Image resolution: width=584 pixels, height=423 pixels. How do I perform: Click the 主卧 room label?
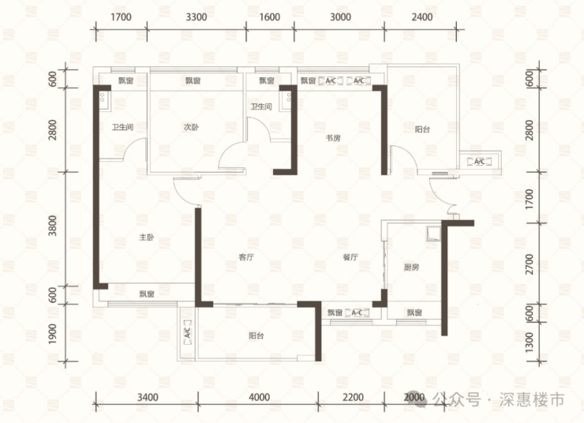pyautogui.click(x=146, y=238)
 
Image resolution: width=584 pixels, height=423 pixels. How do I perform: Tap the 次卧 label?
pyautogui.click(x=191, y=127)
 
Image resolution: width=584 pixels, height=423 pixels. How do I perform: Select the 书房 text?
pyautogui.click(x=333, y=138)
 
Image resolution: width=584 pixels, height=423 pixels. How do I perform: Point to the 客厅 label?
pyautogui.click(x=246, y=257)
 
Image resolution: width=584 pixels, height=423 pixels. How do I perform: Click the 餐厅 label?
pyautogui.click(x=350, y=257)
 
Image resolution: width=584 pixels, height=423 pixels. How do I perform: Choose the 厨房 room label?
pyautogui.click(x=411, y=267)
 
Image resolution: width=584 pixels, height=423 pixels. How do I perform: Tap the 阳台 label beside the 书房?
pyautogui.click(x=422, y=129)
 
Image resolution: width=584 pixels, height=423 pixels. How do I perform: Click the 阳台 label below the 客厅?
pyautogui.click(x=256, y=336)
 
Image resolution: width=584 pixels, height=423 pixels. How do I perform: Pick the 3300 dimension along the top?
pyautogui.click(x=197, y=17)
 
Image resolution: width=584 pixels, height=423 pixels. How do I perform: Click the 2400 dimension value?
pyautogui.click(x=422, y=17)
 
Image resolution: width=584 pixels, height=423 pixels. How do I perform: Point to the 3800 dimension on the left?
pyautogui.click(x=53, y=225)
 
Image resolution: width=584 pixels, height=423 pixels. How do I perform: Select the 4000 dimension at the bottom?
pyautogui.click(x=259, y=397)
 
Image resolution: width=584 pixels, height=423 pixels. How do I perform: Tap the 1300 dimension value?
pyautogui.click(x=530, y=342)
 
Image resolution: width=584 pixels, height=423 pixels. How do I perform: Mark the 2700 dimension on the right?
pyautogui.click(x=530, y=264)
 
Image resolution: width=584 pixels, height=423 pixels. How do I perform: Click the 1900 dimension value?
pyautogui.click(x=53, y=334)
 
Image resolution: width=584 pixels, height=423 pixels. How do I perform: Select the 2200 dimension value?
pyautogui.click(x=353, y=397)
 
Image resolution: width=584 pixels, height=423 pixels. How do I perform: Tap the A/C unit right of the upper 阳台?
pyautogui.click(x=480, y=162)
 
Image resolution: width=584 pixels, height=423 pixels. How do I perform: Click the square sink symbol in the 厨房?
pyautogui.click(x=433, y=233)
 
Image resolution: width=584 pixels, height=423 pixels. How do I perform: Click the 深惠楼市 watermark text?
pyautogui.click(x=532, y=399)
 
